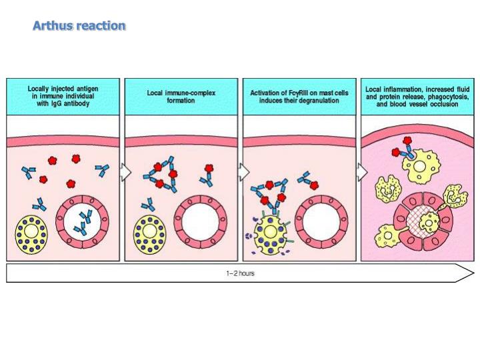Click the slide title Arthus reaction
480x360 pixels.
(x=79, y=26)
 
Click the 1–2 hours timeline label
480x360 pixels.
(x=240, y=273)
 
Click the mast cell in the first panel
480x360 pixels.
(x=33, y=234)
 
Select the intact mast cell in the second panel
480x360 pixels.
(x=151, y=234)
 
